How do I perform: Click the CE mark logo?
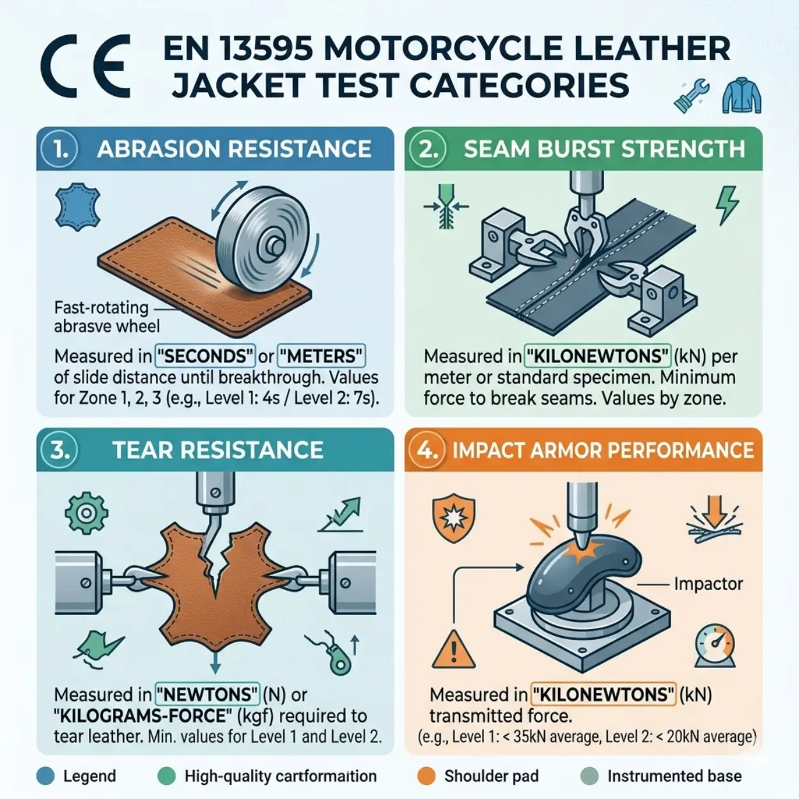[x=86, y=66]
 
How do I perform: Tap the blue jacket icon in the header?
[x=741, y=95]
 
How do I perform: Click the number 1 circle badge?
[x=60, y=149]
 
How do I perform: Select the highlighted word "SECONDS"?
[x=205, y=355]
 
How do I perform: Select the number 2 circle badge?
[x=428, y=149]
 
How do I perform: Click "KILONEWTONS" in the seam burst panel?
[x=598, y=355]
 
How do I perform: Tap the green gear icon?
[x=86, y=513]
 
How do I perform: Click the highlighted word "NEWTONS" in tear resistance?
[x=207, y=694]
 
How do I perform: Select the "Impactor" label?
[x=708, y=584]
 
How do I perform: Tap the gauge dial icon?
[x=714, y=646]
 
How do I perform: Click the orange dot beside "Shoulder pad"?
[x=426, y=776]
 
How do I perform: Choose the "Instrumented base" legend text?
[x=674, y=776]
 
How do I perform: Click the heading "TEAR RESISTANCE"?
[x=218, y=450]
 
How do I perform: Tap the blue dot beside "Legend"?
[x=45, y=776]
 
